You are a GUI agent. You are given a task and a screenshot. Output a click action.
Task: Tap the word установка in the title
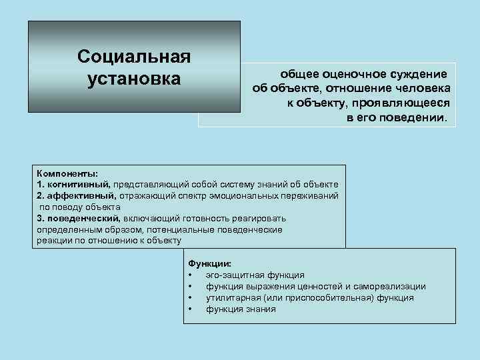[x=133, y=78]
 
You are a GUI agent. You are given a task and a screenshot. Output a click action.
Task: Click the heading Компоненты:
[x=67, y=173]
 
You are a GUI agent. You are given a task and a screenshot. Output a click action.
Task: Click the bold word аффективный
[x=81, y=195]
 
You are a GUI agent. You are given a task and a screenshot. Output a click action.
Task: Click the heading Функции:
[x=210, y=263]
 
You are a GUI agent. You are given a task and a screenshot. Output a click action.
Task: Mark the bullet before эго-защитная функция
[x=191, y=275]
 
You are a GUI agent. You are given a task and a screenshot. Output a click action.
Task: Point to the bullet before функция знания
[x=191, y=309]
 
